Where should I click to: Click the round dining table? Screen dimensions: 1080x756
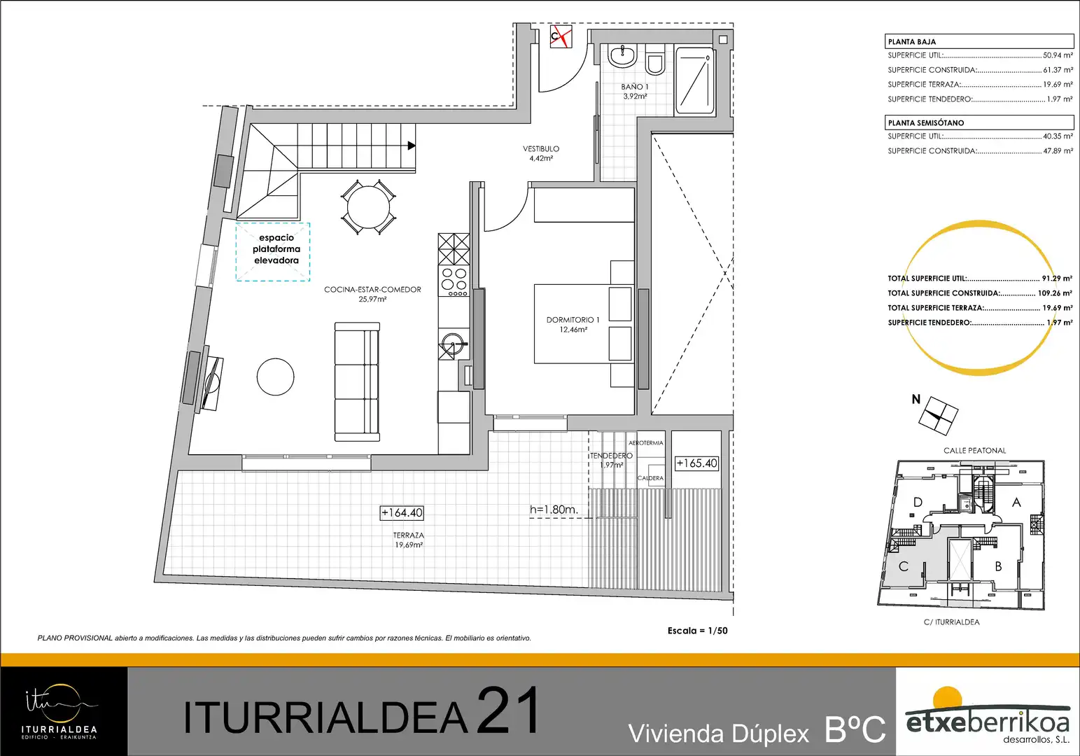pyautogui.click(x=368, y=207)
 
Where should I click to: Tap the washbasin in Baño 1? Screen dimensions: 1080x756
pyautogui.click(x=622, y=56)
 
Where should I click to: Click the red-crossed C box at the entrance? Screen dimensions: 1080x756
pyautogui.click(x=561, y=36)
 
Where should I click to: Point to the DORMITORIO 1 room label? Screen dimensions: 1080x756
pyautogui.click(x=573, y=320)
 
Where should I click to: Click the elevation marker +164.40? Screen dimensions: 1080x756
pyautogui.click(x=402, y=512)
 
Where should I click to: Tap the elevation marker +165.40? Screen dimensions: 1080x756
pyautogui.click(x=696, y=463)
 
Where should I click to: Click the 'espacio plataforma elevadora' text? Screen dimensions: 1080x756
pyautogui.click(x=276, y=248)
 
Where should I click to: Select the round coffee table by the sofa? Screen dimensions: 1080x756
pyautogui.click(x=275, y=377)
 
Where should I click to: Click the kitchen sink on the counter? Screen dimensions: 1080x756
pyautogui.click(x=454, y=343)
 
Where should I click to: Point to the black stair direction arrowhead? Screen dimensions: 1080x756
pyautogui.click(x=412, y=145)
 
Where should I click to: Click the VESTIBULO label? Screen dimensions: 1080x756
pyautogui.click(x=541, y=148)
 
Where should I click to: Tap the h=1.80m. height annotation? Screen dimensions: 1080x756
pyautogui.click(x=554, y=509)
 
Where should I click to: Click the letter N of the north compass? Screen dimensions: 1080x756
pyautogui.click(x=916, y=399)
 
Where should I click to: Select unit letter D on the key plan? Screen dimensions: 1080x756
pyautogui.click(x=918, y=503)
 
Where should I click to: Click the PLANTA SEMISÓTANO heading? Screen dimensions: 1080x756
pyautogui.click(x=926, y=122)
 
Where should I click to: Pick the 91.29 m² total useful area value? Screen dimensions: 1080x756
pyautogui.click(x=1057, y=278)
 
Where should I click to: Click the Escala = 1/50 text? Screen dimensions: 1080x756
pyautogui.click(x=698, y=631)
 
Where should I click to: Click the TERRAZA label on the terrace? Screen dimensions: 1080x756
pyautogui.click(x=408, y=535)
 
